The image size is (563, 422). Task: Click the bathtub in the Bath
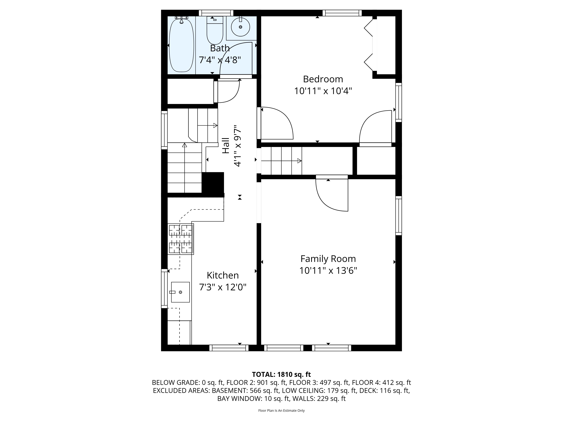coord(181,46)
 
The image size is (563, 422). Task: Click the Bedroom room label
coord(323,79)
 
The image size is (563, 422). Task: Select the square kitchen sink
coord(180,292)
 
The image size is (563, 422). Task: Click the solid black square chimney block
coord(213,184)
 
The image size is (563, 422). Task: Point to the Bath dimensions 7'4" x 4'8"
coord(220,60)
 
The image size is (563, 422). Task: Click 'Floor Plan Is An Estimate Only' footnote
coord(281,411)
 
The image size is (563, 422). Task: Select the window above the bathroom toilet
coord(216,13)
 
